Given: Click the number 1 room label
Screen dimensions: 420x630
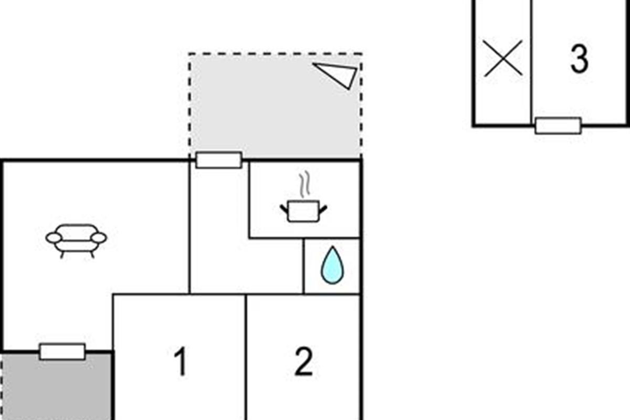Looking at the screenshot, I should click(180, 362).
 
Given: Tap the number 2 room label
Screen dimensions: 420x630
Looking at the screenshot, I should click(303, 362).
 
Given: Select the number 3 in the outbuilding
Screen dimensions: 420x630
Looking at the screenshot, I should click(579, 59).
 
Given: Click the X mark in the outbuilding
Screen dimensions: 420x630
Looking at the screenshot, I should click(503, 58).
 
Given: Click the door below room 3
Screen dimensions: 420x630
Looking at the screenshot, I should click(558, 125).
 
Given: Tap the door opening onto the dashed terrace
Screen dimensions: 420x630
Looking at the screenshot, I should click(219, 160).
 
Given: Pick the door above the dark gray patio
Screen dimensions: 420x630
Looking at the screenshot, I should click(62, 351).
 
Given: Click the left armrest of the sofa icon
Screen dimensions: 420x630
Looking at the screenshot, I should click(54, 238).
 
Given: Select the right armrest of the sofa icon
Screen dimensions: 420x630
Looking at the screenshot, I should click(99, 238).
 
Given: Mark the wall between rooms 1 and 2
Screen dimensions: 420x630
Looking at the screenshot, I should click(246, 357).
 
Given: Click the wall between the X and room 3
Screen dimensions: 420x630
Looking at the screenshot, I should click(531, 63).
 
